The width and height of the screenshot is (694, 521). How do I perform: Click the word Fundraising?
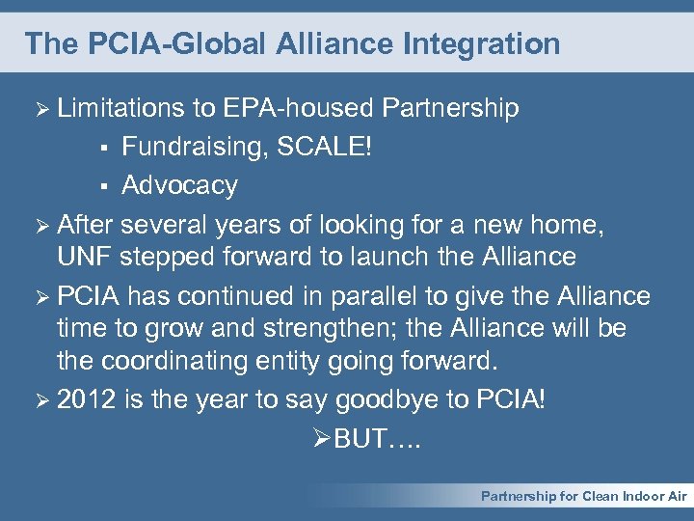point(196,148)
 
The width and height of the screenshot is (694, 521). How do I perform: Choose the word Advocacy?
point(179,185)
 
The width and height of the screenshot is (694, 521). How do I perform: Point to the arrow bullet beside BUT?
point(323,440)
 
